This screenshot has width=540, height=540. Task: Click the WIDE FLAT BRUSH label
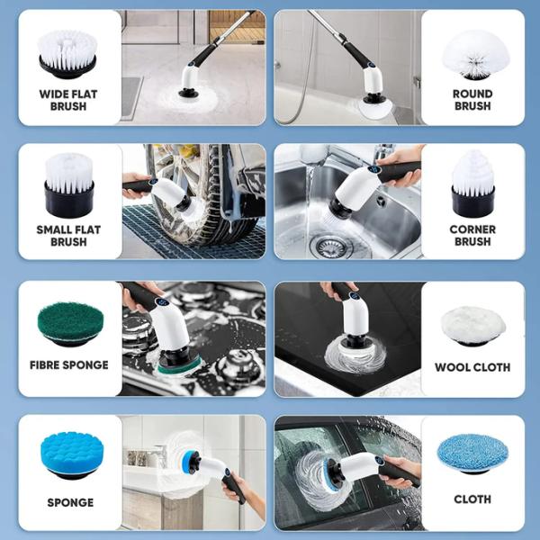pyautogui.click(x=68, y=100)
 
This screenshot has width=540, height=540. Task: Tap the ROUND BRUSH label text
pyautogui.click(x=472, y=100)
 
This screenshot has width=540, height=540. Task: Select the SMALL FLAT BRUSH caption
pyautogui.click(x=68, y=236)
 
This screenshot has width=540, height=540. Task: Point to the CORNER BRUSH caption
pyautogui.click(x=472, y=235)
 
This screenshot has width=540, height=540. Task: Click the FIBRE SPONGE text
pyautogui.click(x=69, y=365)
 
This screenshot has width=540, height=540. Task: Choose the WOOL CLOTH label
pyautogui.click(x=472, y=367)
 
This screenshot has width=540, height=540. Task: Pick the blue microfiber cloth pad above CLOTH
pyautogui.click(x=472, y=454)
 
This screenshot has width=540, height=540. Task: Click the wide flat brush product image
pyautogui.click(x=67, y=54)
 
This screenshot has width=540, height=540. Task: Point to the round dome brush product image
pyautogui.click(x=472, y=55)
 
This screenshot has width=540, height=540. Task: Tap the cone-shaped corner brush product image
pyautogui.click(x=472, y=184)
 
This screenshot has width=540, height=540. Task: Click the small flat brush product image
pyautogui.click(x=69, y=184)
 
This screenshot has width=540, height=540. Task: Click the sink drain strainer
pyautogui.click(x=331, y=246)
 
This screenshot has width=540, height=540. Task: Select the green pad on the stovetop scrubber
pyautogui.click(x=179, y=367)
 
